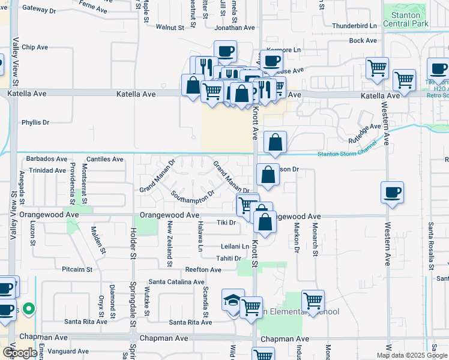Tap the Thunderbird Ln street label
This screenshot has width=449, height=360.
pos(354,26)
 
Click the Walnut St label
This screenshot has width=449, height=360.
pos(170,28)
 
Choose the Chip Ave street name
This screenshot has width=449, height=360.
pos(34,47)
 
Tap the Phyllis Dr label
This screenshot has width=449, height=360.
pos(35,122)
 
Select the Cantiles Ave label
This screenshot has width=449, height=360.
pos(104,159)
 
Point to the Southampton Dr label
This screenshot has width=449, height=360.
pos(193,196)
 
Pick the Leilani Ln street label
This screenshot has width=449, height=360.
pos(235,246)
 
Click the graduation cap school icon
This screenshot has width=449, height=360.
pos(232,299)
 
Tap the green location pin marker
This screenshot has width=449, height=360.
pos(29,310)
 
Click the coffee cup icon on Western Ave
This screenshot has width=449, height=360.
pos(392,192)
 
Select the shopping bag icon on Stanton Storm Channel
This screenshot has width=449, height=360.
pos(275,142)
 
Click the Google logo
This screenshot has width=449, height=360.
pos(20,353)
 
